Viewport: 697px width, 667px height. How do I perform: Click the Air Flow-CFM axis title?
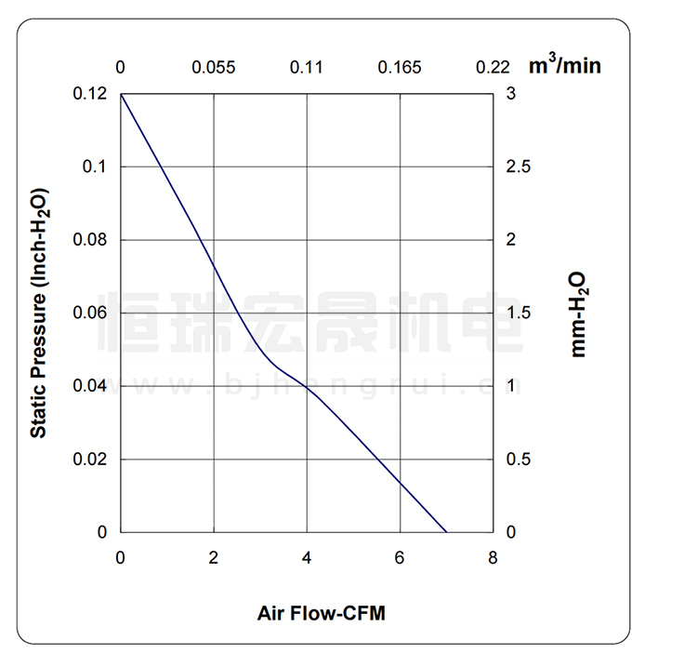tap(321, 614)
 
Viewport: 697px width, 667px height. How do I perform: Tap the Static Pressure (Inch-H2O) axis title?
tap(39, 313)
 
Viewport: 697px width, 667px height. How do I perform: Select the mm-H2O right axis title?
tap(579, 313)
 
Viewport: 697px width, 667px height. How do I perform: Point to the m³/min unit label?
tap(565, 65)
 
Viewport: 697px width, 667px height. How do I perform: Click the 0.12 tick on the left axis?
tap(90, 94)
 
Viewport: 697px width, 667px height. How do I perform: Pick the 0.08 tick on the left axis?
tap(90, 240)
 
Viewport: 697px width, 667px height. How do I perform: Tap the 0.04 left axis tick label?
tap(90, 386)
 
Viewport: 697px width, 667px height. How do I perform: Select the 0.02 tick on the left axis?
tap(90, 460)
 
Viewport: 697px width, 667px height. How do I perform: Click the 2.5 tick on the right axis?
tap(517, 167)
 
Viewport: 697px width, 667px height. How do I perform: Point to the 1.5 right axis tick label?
tap(517, 313)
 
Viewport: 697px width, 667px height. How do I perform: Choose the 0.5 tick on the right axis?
tap(517, 460)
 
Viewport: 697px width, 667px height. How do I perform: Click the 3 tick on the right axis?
tap(510, 94)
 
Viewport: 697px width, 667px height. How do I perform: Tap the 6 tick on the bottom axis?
tap(400, 558)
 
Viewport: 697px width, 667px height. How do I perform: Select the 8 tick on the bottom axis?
tap(493, 558)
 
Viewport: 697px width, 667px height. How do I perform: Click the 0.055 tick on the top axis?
tap(214, 67)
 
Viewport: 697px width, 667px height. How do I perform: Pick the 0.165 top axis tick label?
tap(400, 67)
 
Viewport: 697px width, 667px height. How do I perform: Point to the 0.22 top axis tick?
tap(493, 67)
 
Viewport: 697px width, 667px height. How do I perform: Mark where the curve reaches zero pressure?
tap(447, 532)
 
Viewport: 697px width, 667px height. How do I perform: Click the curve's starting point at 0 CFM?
tap(122, 94)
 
